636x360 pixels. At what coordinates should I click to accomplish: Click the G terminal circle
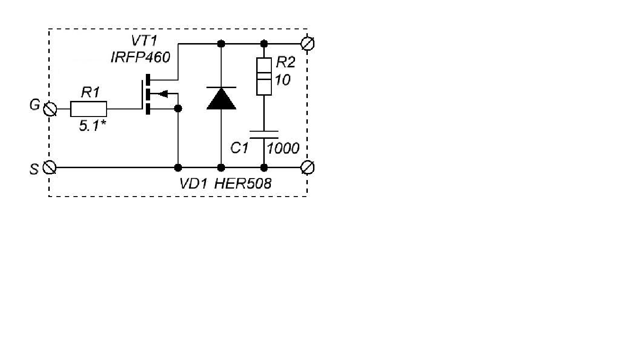(x=50, y=109)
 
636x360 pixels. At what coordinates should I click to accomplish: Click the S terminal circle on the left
(x=49, y=168)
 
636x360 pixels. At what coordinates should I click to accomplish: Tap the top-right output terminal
(x=307, y=44)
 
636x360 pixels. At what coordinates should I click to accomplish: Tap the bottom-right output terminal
(x=307, y=168)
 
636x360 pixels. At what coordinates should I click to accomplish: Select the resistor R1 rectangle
(x=89, y=109)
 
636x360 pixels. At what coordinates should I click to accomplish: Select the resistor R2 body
(x=264, y=76)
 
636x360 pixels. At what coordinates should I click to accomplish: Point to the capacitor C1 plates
(x=264, y=135)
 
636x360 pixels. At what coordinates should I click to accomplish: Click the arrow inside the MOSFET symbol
(x=163, y=93)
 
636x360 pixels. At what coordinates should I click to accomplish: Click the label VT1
(x=144, y=41)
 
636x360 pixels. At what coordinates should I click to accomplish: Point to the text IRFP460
(x=140, y=57)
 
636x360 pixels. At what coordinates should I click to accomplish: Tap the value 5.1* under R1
(x=92, y=126)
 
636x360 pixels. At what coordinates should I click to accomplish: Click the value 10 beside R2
(x=283, y=80)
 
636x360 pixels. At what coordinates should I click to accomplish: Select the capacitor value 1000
(x=283, y=148)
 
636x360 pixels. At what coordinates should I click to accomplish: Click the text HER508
(x=243, y=184)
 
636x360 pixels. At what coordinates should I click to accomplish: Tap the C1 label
(x=239, y=148)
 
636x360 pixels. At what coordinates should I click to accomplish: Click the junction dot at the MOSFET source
(x=178, y=108)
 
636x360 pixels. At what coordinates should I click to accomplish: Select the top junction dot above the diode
(x=221, y=44)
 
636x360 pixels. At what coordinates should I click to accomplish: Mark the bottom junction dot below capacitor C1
(x=264, y=168)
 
